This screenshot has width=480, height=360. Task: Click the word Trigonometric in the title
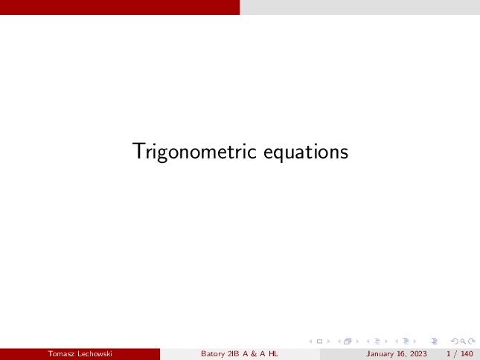(194, 152)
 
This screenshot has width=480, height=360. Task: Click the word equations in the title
(306, 152)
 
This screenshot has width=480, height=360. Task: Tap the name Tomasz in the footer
(61, 354)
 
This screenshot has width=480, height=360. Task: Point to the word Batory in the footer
(213, 354)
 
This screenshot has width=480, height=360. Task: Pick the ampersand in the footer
(254, 354)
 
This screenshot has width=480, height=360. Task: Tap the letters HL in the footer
(273, 354)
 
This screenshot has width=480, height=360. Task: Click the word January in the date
(380, 354)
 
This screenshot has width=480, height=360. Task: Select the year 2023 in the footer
(418, 354)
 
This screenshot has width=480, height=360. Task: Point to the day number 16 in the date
(401, 354)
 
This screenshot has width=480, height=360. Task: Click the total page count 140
(467, 354)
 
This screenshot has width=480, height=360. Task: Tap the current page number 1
(449, 354)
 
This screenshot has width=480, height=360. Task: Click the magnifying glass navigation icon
(463, 341)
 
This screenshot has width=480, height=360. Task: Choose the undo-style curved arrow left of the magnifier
(455, 341)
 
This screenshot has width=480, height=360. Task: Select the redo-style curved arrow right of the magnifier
(472, 341)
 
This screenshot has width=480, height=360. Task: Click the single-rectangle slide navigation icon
(319, 341)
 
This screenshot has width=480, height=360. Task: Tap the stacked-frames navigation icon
(348, 341)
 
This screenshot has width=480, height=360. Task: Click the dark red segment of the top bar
(120, 7)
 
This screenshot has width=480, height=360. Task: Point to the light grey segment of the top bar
(360, 7)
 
